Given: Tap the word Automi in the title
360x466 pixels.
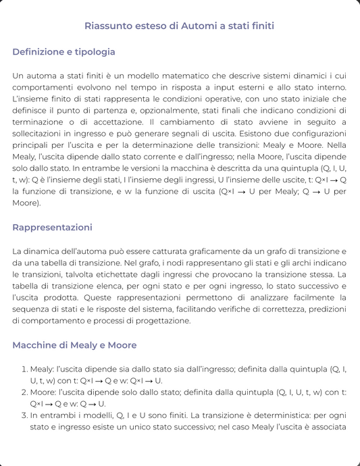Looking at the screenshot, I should tap(199, 26).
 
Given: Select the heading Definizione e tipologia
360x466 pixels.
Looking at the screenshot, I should tap(63, 52).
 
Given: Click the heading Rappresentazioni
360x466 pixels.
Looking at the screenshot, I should tap(52, 227).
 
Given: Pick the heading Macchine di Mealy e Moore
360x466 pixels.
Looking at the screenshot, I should tap(74, 345).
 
